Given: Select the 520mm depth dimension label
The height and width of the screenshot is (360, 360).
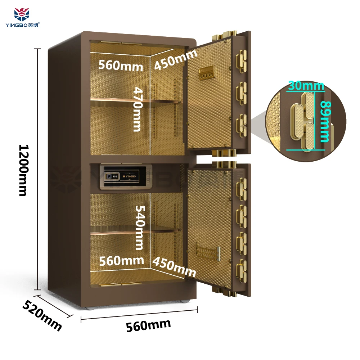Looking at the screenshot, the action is [42, 314].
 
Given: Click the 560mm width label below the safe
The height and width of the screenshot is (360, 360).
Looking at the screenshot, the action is [148, 325].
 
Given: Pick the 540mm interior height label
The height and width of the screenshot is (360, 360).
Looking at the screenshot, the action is [139, 228].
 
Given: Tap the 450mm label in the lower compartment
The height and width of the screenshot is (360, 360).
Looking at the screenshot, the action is [174, 267].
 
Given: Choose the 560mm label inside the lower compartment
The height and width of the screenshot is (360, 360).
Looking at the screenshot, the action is [121, 260].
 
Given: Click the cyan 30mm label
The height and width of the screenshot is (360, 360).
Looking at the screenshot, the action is [306, 86].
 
